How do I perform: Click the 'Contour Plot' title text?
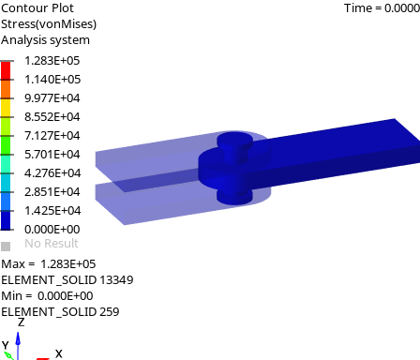(37, 8)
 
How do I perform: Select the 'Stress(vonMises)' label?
(49, 24)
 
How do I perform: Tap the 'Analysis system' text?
(45, 40)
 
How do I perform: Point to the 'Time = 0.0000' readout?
(382, 8)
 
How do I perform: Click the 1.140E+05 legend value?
(52, 80)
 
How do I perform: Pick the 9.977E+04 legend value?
(52, 98)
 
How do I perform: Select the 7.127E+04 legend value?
(52, 136)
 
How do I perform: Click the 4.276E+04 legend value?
(52, 173)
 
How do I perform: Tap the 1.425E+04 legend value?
(52, 211)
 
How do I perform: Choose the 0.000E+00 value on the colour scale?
(52, 230)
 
